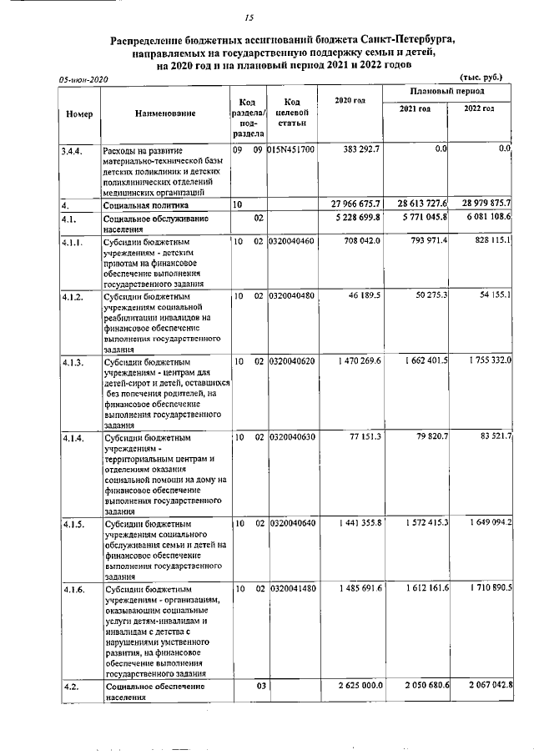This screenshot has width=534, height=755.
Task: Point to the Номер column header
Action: (x=78, y=113)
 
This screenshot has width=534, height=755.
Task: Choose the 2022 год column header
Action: (x=479, y=109)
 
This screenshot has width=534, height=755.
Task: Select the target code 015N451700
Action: (x=292, y=149)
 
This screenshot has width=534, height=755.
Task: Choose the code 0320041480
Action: (x=292, y=589)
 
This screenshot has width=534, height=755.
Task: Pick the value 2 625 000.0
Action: (x=359, y=685)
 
